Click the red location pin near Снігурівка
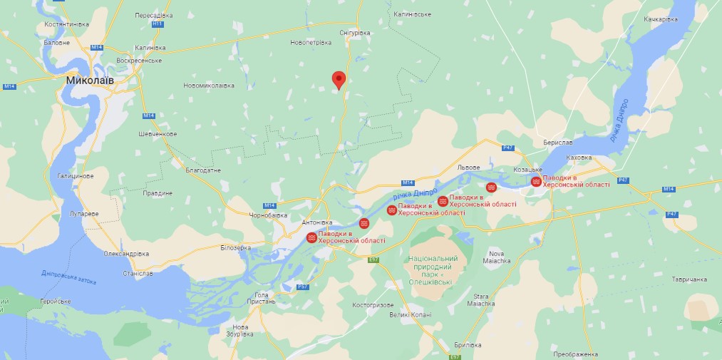click(x=340, y=80)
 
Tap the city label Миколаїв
click(x=89, y=81)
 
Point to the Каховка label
click(x=578, y=158)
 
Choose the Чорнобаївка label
click(x=269, y=215)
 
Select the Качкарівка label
click(x=660, y=19)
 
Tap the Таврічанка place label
click(x=686, y=279)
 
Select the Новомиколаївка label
click(x=209, y=86)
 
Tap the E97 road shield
click(x=373, y=259)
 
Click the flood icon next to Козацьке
click(x=536, y=181)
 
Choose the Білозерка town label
click(x=236, y=247)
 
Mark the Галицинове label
click(x=74, y=175)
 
